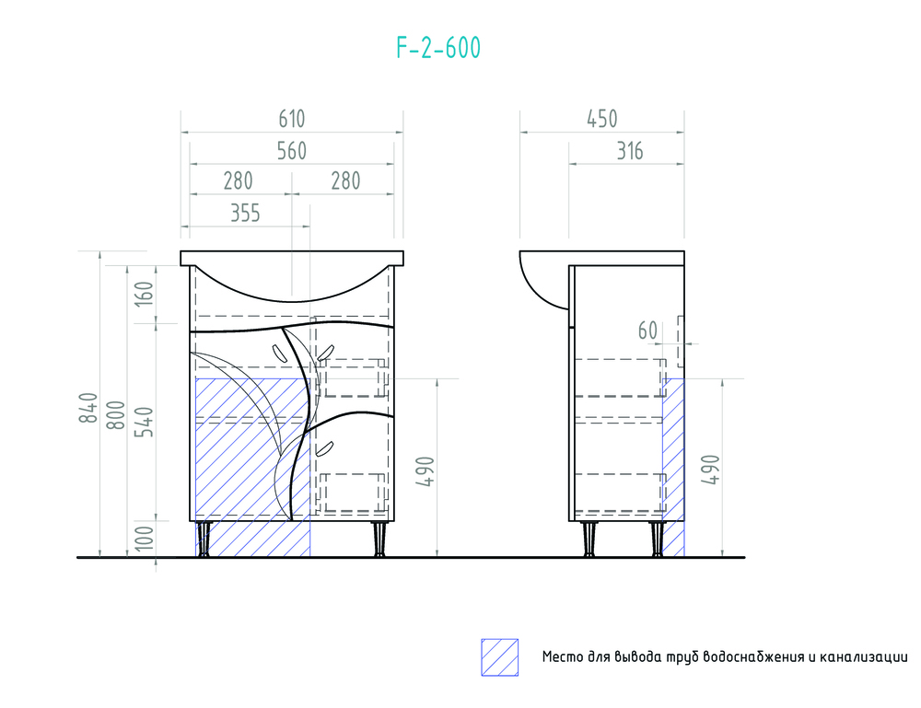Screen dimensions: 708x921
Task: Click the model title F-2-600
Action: pyautogui.click(x=438, y=49)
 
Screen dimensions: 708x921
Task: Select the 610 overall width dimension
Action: pyautogui.click(x=291, y=119)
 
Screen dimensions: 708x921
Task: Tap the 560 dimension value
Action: pyautogui.click(x=291, y=151)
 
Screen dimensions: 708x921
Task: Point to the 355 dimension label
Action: pyautogui.click(x=245, y=214)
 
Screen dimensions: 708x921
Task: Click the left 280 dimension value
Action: pyautogui.click(x=238, y=180)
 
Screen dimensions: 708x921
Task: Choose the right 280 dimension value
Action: pyautogui.click(x=345, y=180)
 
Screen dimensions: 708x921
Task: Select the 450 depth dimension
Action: pyautogui.click(x=601, y=119)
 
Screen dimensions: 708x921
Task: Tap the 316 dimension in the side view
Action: pyautogui.click(x=629, y=151)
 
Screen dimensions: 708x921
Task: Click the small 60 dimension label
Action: pyautogui.click(x=647, y=330)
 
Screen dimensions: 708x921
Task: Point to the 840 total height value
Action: pyautogui.click(x=88, y=408)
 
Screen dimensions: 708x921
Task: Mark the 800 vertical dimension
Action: pyautogui.click(x=116, y=417)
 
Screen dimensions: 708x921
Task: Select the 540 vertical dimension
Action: pyautogui.click(x=145, y=419)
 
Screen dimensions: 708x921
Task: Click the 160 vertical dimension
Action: pyautogui.click(x=145, y=295)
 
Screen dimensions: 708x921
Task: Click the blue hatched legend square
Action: pyautogui.click(x=499, y=657)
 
